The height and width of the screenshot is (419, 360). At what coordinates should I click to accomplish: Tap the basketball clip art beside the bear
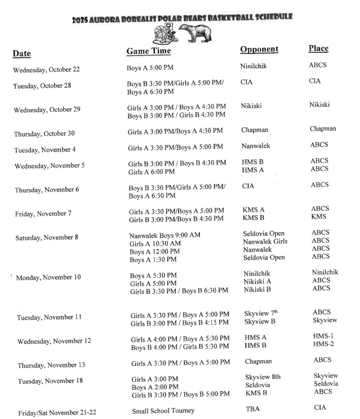[164, 33]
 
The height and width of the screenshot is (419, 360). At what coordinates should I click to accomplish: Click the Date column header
[22, 54]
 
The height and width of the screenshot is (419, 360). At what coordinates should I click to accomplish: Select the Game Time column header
[148, 51]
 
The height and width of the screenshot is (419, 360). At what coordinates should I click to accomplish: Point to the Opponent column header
[259, 49]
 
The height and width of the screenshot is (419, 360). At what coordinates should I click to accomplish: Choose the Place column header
[318, 48]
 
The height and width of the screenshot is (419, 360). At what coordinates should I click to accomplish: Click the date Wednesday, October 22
[46, 70]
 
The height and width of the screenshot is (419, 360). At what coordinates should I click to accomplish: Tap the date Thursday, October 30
[44, 134]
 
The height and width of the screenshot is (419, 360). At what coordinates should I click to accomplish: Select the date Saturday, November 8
[47, 237]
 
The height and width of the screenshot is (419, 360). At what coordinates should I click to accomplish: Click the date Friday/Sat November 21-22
[57, 412]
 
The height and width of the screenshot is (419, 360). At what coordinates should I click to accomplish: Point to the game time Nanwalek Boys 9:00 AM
[165, 235]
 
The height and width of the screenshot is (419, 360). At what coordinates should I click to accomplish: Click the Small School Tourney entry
[163, 410]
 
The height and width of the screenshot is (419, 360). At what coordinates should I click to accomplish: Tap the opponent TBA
[252, 409]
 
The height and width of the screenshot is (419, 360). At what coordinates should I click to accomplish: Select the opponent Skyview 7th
[261, 313]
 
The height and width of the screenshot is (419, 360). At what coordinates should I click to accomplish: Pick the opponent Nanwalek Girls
[265, 241]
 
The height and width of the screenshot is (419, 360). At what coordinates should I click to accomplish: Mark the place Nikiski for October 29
[319, 105]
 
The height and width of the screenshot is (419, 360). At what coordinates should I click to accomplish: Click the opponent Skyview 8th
[263, 377]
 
